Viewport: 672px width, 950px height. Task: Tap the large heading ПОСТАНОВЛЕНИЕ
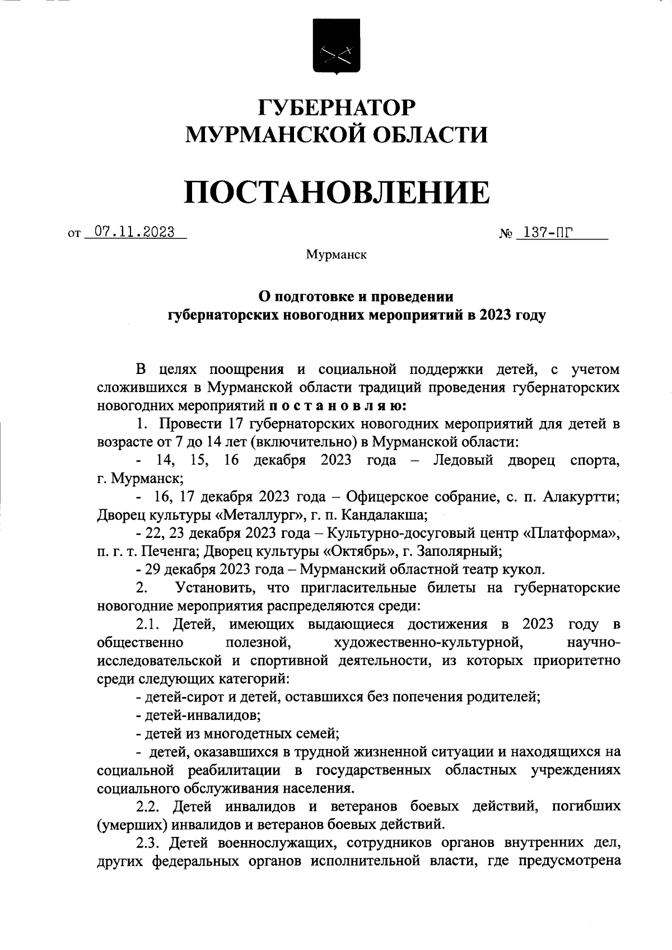[x=336, y=191]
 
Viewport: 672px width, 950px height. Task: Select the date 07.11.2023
[x=134, y=232]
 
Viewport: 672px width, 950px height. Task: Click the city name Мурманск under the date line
[x=336, y=255]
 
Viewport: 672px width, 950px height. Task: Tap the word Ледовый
[x=463, y=461]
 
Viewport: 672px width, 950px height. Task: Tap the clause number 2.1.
[x=149, y=624]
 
